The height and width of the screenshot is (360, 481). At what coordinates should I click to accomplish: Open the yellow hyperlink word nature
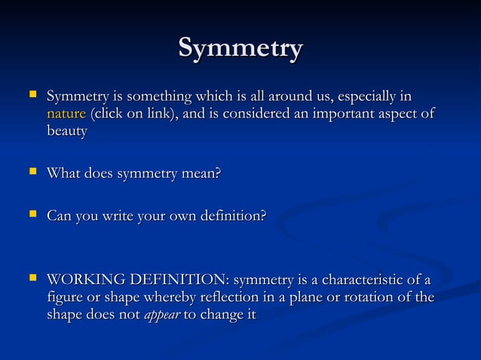pos(66,114)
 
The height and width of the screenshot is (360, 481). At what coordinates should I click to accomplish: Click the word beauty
pos(66,132)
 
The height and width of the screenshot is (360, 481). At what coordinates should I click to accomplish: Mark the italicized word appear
pos(161,316)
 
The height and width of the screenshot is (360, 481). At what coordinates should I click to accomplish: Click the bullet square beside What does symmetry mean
pos(32,173)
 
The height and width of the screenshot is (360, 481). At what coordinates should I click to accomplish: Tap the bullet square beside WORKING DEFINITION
pos(32,280)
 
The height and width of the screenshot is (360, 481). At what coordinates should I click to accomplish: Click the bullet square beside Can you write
pos(32,216)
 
